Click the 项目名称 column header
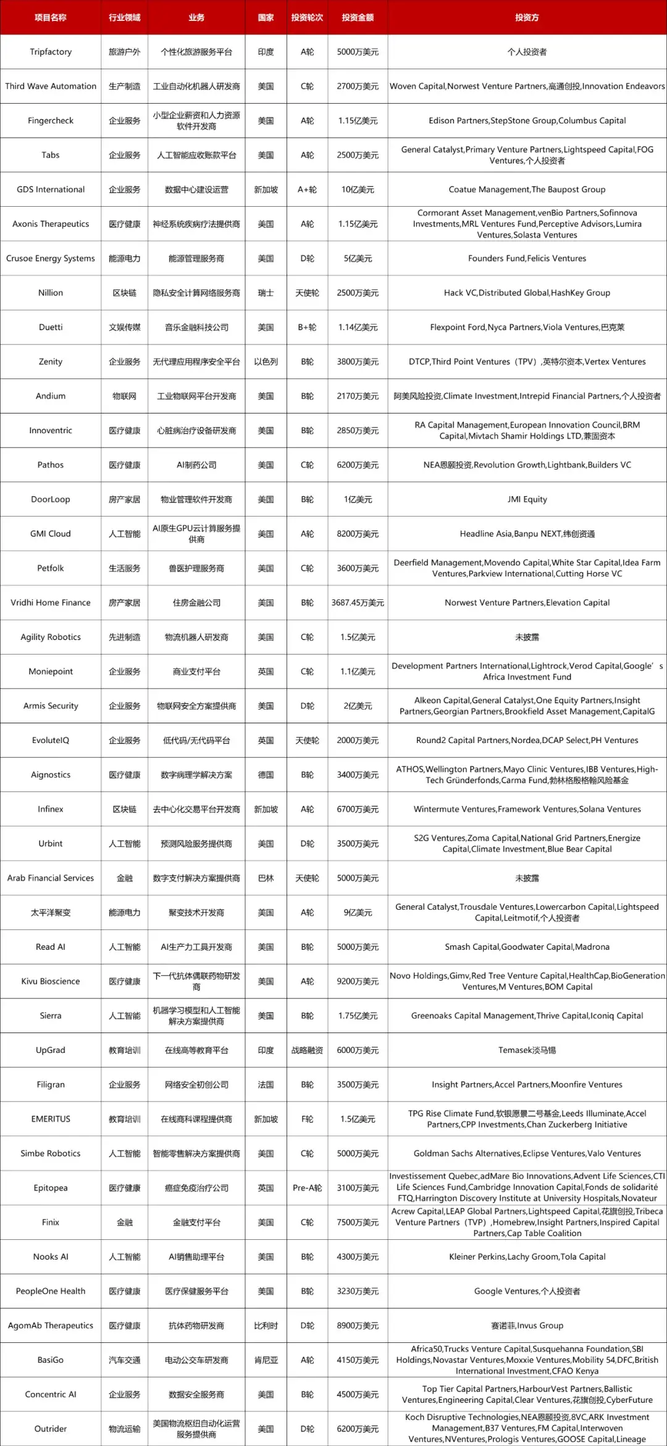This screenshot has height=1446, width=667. click(51, 17)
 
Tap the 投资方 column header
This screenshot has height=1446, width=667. click(527, 17)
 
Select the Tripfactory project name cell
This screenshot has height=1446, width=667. click(51, 52)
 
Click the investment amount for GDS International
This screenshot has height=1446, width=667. click(358, 189)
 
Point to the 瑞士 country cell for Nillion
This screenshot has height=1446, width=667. click(266, 293)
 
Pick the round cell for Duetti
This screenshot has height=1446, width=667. click(307, 327)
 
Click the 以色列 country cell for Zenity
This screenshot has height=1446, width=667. click(266, 362)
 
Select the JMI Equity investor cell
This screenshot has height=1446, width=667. click(527, 499)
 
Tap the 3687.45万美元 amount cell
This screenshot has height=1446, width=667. click(358, 602)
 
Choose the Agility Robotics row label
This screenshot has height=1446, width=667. click(51, 637)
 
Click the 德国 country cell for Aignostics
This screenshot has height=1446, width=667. click(266, 775)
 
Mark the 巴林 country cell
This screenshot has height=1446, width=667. click(266, 878)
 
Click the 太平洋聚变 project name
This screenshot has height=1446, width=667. click(51, 912)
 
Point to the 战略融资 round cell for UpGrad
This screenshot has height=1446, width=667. click(307, 1050)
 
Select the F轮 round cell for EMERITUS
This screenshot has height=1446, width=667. click(307, 1119)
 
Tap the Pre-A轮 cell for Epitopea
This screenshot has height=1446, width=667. click(307, 1188)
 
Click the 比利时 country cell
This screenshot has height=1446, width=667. click(266, 1326)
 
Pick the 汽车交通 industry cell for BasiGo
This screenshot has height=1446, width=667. click(124, 1360)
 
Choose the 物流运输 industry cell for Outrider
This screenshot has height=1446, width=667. click(124, 1429)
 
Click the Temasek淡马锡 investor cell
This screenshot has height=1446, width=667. click(527, 1050)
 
